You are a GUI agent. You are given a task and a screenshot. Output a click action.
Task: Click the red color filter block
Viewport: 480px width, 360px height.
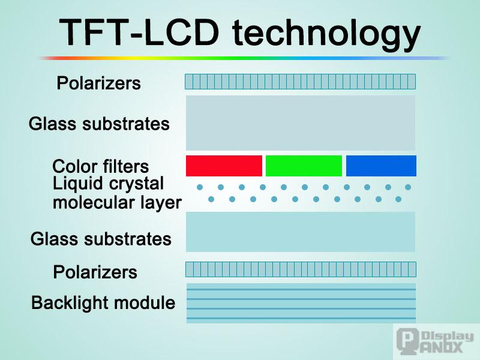pyautogui.click(x=224, y=166)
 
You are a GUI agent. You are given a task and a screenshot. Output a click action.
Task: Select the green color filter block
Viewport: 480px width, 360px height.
pyautogui.click(x=304, y=166)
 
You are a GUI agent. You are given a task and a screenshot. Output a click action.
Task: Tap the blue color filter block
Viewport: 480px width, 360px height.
pyautogui.click(x=381, y=166)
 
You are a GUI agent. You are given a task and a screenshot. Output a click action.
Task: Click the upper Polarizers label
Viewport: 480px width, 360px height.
pyautogui.click(x=98, y=83)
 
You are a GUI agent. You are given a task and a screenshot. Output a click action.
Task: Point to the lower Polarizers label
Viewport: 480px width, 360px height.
pyautogui.click(x=95, y=272)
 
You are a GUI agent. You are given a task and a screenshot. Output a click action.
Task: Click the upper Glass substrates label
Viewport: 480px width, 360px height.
pyautogui.click(x=99, y=124)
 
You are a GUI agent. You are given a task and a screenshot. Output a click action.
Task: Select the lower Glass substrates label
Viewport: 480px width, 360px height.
pyautogui.click(x=101, y=239)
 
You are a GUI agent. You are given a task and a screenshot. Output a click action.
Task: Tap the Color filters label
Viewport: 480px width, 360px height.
pyautogui.click(x=100, y=166)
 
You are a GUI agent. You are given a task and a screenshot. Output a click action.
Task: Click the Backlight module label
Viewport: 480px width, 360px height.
pyautogui.click(x=103, y=303)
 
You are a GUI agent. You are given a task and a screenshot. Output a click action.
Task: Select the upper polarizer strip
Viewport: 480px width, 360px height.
pyautogui.click(x=300, y=82)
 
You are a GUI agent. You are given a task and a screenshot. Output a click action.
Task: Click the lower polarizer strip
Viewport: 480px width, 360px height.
pyautogui.click(x=301, y=269)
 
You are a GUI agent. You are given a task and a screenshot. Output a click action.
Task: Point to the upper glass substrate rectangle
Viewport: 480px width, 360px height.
pyautogui.click(x=301, y=123)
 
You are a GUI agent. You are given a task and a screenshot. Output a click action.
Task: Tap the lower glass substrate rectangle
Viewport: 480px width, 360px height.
pyautogui.click(x=301, y=232)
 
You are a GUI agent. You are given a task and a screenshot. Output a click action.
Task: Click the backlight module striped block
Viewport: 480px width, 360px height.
pyautogui.click(x=301, y=303)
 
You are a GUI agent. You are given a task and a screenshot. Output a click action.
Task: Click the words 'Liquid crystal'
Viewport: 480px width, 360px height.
pyautogui.click(x=108, y=184)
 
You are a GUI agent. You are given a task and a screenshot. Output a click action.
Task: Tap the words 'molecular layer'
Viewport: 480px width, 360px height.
pyautogui.click(x=116, y=203)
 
